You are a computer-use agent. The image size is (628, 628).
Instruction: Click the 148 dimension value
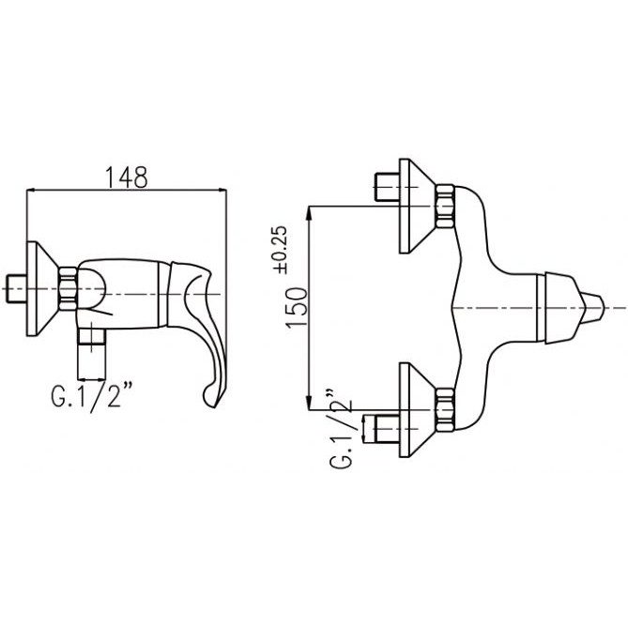pos(126,177)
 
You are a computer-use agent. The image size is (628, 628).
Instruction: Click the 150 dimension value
pos(297,308)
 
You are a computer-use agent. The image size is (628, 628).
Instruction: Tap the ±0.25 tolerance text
pos(280,250)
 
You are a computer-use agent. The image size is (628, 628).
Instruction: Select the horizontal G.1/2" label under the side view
pos(91,395)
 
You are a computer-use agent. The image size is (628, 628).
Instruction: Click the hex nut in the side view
pos(68,289)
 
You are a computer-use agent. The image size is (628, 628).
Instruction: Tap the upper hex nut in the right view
pos(445,207)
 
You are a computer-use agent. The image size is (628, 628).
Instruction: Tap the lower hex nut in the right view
pos(445,409)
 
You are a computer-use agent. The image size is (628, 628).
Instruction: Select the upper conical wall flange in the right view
pos(417,207)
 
